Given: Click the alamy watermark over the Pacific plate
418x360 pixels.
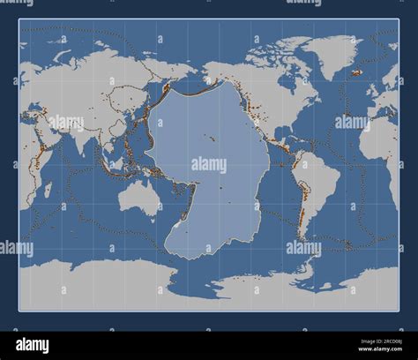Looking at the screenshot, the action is (209, 164).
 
